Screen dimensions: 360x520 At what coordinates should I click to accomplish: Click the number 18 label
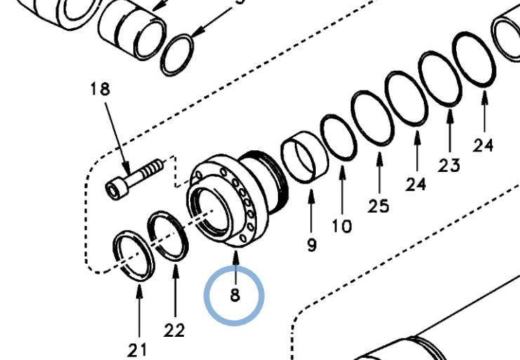click(100, 89)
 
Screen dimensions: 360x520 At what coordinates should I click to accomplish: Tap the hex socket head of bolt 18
click(116, 188)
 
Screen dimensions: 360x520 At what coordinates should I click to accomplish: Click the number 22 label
click(174, 329)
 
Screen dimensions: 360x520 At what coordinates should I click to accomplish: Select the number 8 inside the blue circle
click(234, 295)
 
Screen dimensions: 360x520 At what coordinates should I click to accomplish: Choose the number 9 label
click(312, 244)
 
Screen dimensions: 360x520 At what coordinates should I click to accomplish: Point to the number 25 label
click(379, 206)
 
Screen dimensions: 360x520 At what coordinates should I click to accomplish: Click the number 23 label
click(449, 165)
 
